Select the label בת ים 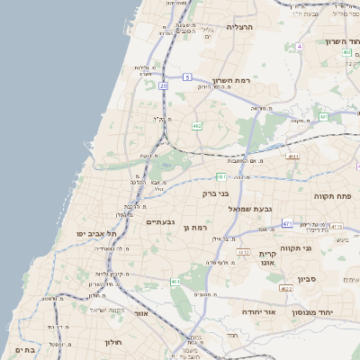24,350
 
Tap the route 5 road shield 186,77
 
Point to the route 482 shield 197,126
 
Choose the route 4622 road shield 285,289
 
